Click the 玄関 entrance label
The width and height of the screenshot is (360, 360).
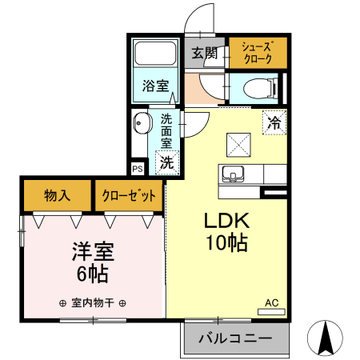coord(205,54)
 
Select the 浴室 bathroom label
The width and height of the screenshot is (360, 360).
coord(155,86)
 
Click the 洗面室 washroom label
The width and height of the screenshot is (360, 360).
coord(167,130)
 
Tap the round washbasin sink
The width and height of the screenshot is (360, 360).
coord(142,125)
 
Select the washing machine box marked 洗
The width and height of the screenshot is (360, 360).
coord(166,162)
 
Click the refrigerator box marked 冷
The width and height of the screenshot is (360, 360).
coord(274,123)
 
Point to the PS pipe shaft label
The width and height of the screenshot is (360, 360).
coord(138,169)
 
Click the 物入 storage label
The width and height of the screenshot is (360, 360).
coord(57,195)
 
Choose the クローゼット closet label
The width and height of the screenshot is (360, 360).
coord(129,195)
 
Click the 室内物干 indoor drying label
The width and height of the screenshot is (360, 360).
coord(93,303)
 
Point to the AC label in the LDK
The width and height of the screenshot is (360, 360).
coord(272,303)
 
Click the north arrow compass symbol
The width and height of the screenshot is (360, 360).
coord(326,338)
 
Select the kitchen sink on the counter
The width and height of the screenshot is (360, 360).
coord(234,174)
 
